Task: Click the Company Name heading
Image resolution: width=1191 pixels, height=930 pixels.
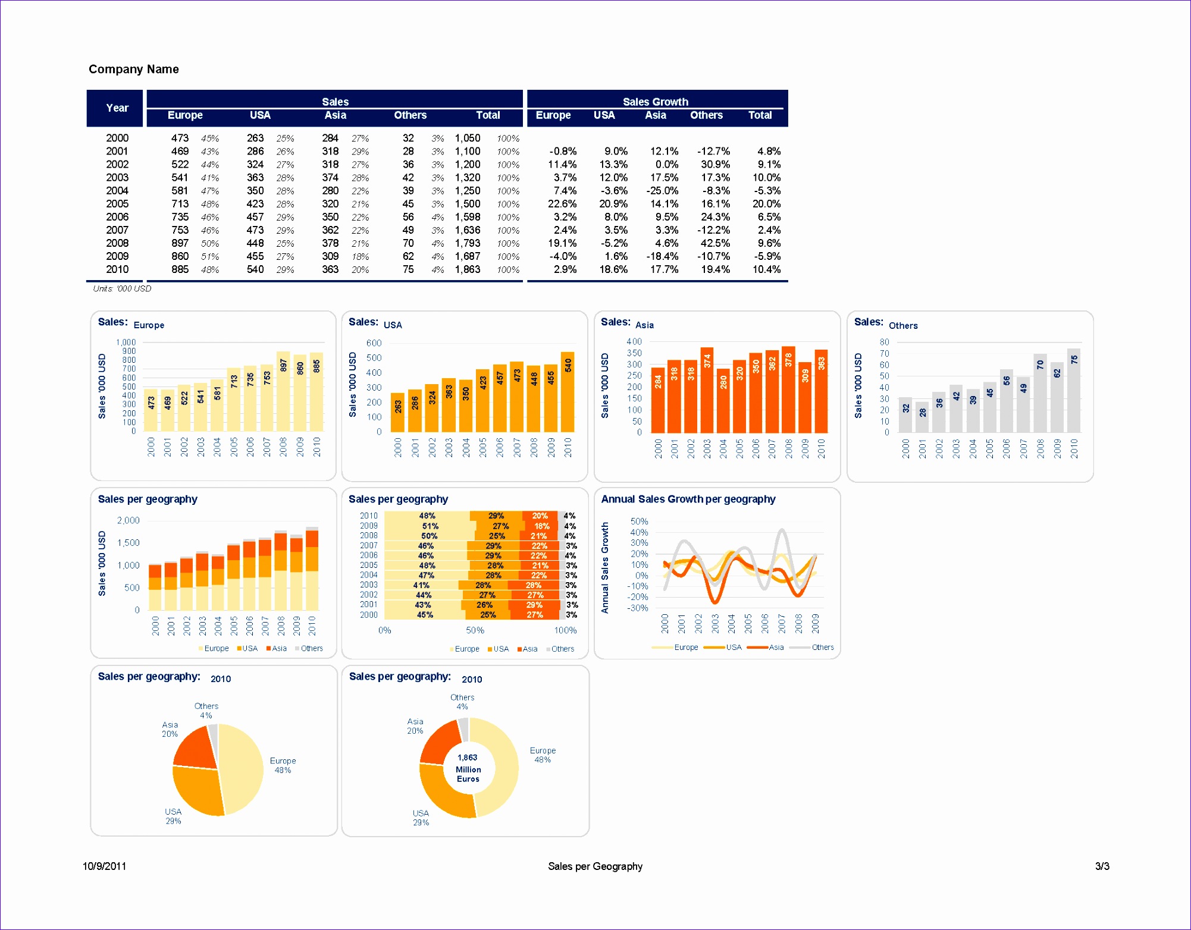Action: coord(133,69)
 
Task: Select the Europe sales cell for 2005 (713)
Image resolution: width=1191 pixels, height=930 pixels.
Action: coord(180,204)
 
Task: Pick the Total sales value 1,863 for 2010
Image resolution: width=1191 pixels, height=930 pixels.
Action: coord(468,269)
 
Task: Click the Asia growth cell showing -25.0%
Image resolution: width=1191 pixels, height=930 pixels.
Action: coord(663,191)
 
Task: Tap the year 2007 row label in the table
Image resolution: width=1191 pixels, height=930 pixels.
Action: coord(117,230)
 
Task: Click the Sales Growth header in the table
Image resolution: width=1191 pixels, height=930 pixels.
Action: coord(655,102)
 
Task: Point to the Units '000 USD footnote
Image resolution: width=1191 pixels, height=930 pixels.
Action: coord(122,288)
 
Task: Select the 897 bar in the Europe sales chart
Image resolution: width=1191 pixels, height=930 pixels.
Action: coord(283,392)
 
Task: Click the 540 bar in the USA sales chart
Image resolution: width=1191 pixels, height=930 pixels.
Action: coord(568,392)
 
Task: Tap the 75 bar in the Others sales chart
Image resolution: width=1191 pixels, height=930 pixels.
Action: coord(1074,392)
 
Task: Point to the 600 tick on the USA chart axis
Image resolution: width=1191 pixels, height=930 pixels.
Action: coord(374,343)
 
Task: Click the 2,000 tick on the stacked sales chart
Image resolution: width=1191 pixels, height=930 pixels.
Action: coord(128,520)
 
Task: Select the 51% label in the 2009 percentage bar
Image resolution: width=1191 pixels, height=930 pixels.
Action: coord(430,526)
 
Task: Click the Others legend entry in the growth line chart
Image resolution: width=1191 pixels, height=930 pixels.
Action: coord(822,648)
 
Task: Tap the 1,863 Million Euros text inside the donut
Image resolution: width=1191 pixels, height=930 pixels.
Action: coord(468,768)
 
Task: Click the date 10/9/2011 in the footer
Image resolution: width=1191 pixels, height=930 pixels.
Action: coord(104,866)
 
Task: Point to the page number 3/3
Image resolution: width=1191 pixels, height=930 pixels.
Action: coord(1102,866)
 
